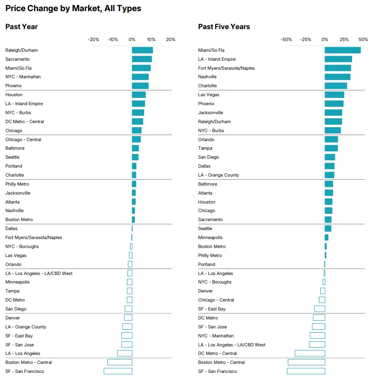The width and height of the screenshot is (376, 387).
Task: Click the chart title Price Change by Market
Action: (x=73, y=9)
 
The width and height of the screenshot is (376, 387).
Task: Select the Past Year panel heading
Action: (x=21, y=27)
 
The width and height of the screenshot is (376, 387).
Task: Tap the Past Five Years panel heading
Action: (x=224, y=27)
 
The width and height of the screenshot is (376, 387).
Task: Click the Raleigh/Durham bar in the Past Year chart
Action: (x=142, y=50)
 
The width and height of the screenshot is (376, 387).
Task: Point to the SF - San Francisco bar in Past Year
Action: (x=118, y=371)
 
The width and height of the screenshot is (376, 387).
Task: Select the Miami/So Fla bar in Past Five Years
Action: (x=343, y=50)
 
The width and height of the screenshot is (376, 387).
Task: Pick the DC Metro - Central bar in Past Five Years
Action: (x=310, y=353)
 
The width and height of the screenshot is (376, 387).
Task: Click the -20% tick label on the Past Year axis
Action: (x=93, y=39)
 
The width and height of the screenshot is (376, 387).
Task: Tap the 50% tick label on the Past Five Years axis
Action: (x=363, y=39)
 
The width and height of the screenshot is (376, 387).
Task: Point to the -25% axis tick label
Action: (x=305, y=39)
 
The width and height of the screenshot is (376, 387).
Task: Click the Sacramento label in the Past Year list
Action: (x=18, y=59)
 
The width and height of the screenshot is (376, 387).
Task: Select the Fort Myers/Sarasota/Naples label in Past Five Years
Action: (x=227, y=68)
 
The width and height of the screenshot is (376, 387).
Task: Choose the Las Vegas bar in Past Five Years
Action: (x=334, y=95)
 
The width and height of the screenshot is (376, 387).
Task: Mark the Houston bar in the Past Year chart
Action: (x=139, y=95)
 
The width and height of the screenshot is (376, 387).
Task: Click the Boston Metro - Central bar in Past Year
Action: (x=120, y=362)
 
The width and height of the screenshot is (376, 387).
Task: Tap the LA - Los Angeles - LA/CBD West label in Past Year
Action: (x=39, y=273)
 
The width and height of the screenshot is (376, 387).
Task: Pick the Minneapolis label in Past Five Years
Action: (x=210, y=237)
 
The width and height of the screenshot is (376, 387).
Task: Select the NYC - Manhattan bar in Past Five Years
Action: (x=317, y=336)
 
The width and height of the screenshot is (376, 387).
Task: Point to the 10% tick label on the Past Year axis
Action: (x=151, y=39)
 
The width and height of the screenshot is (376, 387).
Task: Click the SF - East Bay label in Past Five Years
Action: (x=212, y=309)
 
